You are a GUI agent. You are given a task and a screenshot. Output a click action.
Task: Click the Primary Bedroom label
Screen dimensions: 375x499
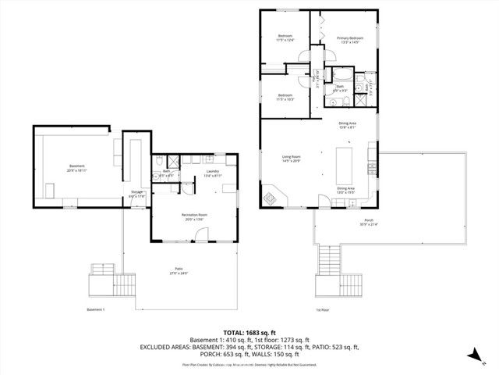350,38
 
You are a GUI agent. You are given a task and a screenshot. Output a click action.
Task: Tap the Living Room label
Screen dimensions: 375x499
291,156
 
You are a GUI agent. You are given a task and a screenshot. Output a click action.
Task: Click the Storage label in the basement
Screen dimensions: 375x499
136,191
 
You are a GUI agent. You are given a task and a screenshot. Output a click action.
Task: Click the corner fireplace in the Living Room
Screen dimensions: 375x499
271,196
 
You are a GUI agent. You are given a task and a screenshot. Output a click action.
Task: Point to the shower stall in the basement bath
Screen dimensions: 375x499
175,162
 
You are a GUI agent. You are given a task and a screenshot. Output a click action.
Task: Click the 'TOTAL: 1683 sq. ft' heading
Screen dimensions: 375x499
249,332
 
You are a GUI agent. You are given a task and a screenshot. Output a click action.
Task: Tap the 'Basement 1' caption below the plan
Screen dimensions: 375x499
95,310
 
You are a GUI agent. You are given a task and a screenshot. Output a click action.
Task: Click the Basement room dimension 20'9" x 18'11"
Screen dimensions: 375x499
76,170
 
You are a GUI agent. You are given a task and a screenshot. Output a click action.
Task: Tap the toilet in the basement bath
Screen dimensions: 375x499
158,161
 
